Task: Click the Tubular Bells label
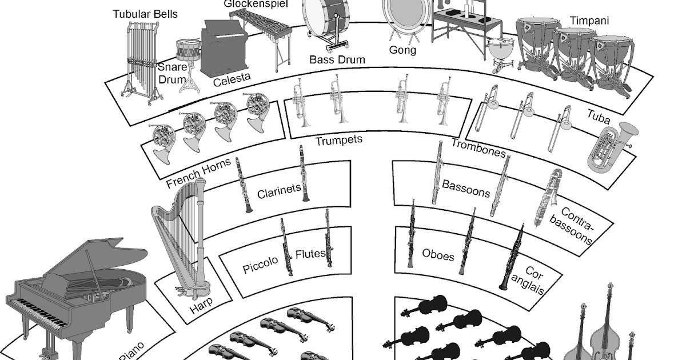pyautogui.click(x=145, y=14)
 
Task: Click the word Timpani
pyautogui.click(x=589, y=21)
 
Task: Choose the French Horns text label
pyautogui.click(x=198, y=173)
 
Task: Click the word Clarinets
pyautogui.click(x=278, y=191)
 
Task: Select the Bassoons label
pyautogui.click(x=466, y=188)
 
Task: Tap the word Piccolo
pyautogui.click(x=260, y=265)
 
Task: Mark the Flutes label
pyautogui.click(x=310, y=254)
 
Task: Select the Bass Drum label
pyautogui.click(x=337, y=59)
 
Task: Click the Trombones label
pyautogui.click(x=478, y=149)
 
